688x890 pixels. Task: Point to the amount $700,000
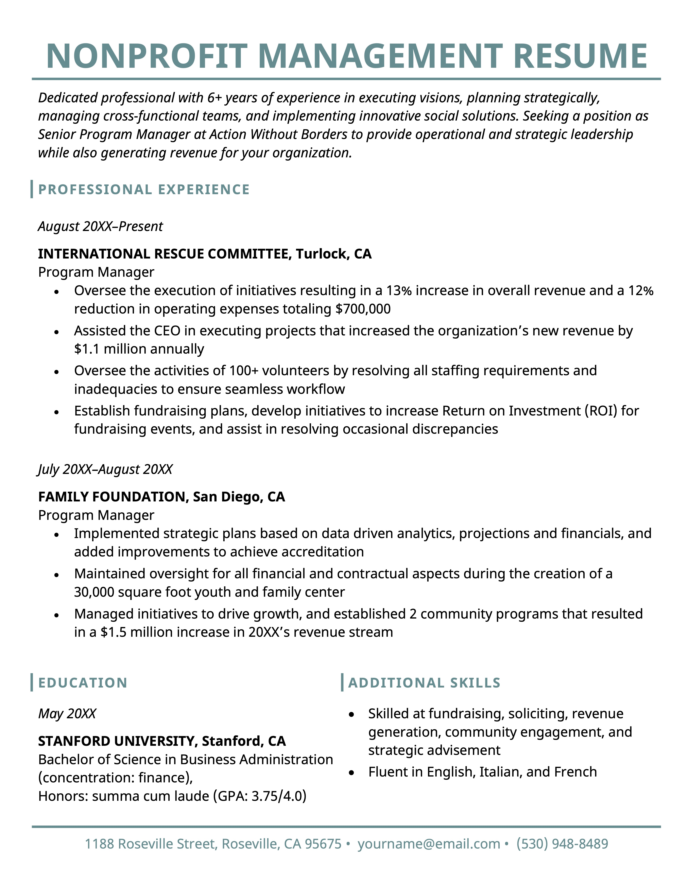tap(363, 309)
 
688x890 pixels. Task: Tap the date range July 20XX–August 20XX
tap(105, 469)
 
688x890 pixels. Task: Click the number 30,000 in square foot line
tap(94, 592)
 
